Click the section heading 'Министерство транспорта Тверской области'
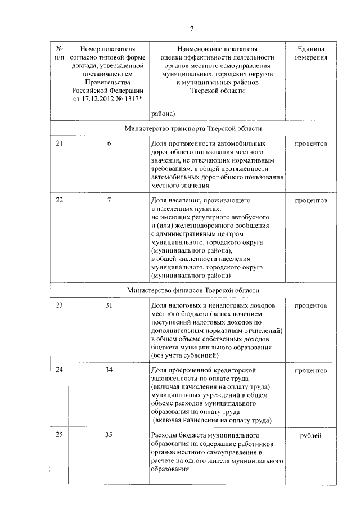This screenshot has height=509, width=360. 193,129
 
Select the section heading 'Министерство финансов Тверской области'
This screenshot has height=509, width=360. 193,290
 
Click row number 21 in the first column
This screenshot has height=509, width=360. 60,144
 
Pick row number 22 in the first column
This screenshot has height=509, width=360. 60,200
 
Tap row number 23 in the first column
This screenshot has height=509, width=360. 60,305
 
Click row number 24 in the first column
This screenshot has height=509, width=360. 60,371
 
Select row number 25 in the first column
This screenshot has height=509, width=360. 60,436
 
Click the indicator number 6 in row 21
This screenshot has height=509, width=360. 109,144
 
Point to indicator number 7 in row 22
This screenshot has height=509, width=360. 109,200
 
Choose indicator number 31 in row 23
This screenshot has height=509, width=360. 109,305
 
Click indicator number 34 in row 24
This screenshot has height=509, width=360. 109,371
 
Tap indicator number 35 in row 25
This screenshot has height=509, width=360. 109,436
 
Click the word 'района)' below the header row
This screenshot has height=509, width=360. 163,114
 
